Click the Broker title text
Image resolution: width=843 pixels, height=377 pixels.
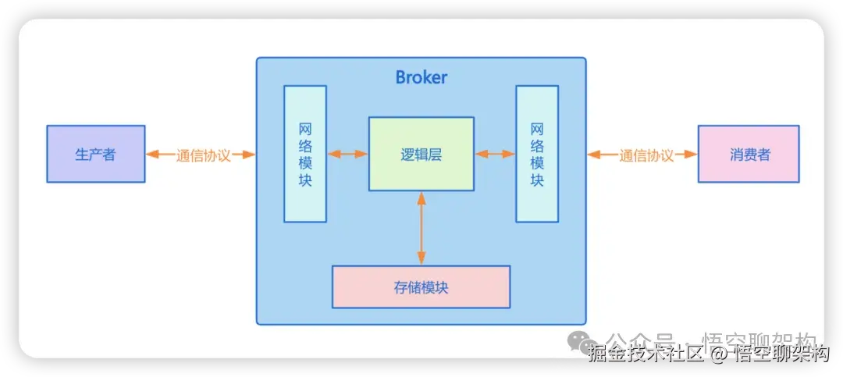pos(421,77)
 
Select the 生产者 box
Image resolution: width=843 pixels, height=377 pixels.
pos(95,154)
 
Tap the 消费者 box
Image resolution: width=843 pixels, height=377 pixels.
pos(749,154)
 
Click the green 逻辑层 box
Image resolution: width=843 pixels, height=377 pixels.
pos(421,154)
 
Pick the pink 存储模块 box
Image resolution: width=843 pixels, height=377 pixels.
pos(421,286)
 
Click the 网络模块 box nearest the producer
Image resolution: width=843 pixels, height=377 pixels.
pos(305,154)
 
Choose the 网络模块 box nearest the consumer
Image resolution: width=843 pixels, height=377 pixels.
pos(537,154)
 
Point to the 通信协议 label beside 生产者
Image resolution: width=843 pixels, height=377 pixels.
pos(203,155)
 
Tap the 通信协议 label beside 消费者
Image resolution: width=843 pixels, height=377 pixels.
pos(646,155)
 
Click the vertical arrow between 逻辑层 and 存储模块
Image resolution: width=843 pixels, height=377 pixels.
pos(421,228)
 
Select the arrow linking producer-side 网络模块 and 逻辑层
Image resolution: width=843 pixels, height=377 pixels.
pos(347,154)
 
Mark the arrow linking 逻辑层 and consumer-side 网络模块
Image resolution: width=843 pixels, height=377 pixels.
pos(495,154)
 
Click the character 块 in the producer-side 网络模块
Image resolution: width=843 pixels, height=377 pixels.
pos(305,180)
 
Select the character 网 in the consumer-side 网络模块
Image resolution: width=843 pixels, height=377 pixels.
pos(537,128)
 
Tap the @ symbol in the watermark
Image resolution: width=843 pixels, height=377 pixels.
pos(718,354)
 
